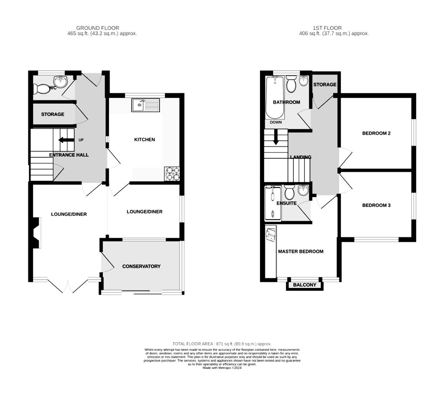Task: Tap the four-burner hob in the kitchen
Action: click(x=172, y=174)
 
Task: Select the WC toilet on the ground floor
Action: click(x=39, y=89)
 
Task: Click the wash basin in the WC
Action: click(x=60, y=81)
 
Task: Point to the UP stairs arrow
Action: click(x=66, y=140)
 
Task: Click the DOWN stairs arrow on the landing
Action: click(x=276, y=137)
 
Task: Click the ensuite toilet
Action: click(x=289, y=193)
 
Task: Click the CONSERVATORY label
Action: click(x=141, y=266)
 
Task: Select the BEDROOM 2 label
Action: click(x=376, y=133)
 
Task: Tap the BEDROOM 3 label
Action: click(x=376, y=205)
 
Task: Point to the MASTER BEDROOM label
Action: click(x=300, y=251)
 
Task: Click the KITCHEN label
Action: click(x=144, y=139)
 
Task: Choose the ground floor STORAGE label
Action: click(x=52, y=114)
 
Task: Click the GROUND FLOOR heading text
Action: click(x=97, y=28)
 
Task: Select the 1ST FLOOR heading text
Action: click(x=327, y=28)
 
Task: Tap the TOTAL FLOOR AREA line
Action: click(x=222, y=343)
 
